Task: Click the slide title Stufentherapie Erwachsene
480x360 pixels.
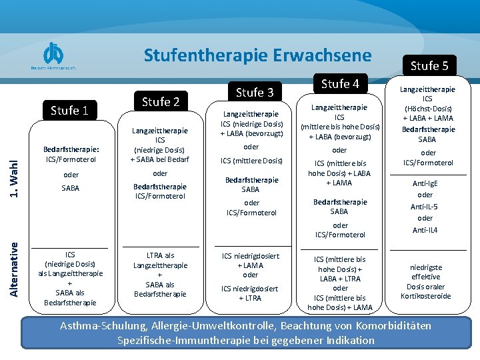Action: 257,55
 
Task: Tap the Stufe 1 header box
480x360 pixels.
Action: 70,110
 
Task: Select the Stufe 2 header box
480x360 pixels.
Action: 160,102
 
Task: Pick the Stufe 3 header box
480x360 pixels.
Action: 255,92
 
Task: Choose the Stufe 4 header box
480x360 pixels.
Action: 340,83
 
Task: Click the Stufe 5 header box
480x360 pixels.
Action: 429,65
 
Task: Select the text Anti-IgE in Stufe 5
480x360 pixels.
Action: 425,184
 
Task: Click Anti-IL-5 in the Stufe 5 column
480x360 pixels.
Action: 425,207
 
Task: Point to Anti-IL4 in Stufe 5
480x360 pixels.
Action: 425,230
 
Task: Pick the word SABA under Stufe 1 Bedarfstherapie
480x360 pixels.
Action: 70,188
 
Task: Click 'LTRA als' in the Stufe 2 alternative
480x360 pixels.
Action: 160,255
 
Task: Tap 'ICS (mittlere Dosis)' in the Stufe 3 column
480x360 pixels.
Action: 252,161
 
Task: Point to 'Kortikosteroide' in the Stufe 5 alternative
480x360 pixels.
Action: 425,296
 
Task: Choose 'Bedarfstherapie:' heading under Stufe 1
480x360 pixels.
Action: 71,149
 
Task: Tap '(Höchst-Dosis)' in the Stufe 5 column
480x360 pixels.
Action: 427,109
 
